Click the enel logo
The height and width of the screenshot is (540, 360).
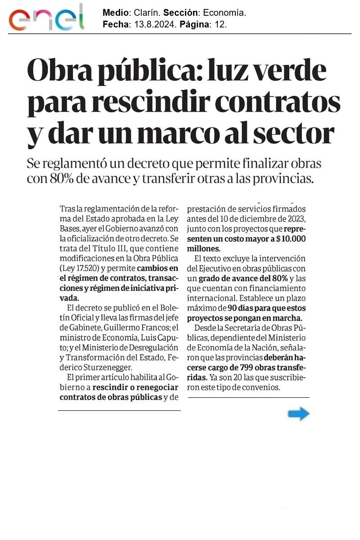point(47,18)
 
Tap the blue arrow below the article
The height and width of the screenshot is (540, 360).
point(298,414)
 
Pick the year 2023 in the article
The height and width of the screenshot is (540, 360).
point(296,219)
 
